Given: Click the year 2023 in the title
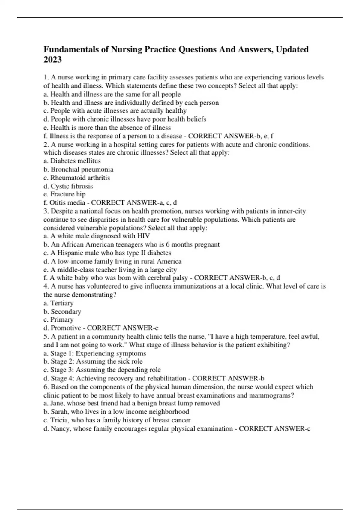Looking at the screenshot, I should [x=52, y=60].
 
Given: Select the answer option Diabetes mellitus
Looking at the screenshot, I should [x=75, y=161].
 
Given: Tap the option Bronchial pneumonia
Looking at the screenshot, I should [x=82, y=169].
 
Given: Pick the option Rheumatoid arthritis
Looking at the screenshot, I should [x=80, y=178].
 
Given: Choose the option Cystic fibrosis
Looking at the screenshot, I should [x=72, y=186].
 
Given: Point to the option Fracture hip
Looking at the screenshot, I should [x=68, y=194].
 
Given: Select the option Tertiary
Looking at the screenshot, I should [x=62, y=303].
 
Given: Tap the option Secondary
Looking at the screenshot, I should [x=66, y=311].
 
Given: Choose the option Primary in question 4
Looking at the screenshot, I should [x=62, y=319].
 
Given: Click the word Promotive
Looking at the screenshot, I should [x=66, y=328].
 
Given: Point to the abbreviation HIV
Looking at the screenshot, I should [x=143, y=236].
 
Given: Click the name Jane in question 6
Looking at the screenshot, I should [x=57, y=403].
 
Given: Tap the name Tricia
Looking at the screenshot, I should [x=59, y=420].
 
